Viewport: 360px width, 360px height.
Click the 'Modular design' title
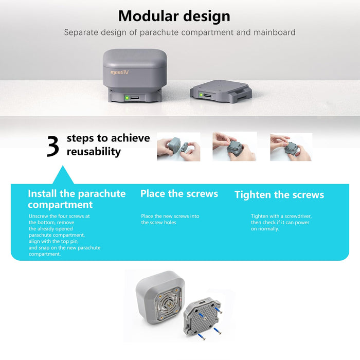[x=174, y=16]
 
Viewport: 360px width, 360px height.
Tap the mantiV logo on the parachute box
[x=119, y=73]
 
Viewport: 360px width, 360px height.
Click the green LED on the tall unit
[x=127, y=98]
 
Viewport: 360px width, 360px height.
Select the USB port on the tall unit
[x=135, y=98]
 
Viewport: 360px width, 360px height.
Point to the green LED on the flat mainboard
[x=201, y=95]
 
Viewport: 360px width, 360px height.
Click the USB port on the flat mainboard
[x=208, y=95]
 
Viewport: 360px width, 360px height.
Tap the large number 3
[x=53, y=146]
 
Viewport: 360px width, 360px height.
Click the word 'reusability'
[x=94, y=152]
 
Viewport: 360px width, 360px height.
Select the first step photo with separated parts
[x=178, y=147]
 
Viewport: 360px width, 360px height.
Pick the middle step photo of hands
[x=235, y=146]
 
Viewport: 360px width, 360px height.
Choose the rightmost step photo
[x=291, y=147]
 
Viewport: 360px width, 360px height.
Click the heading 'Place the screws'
[x=179, y=194]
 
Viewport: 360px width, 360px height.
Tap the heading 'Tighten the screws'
[x=279, y=195]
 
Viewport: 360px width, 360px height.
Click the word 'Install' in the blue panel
[x=42, y=193]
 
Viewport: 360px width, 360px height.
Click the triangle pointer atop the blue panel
[x=63, y=176]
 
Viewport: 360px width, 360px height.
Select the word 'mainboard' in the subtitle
[x=274, y=32]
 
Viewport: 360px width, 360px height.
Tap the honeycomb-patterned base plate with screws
[x=202, y=316]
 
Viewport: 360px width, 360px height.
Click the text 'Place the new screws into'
[x=170, y=216]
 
